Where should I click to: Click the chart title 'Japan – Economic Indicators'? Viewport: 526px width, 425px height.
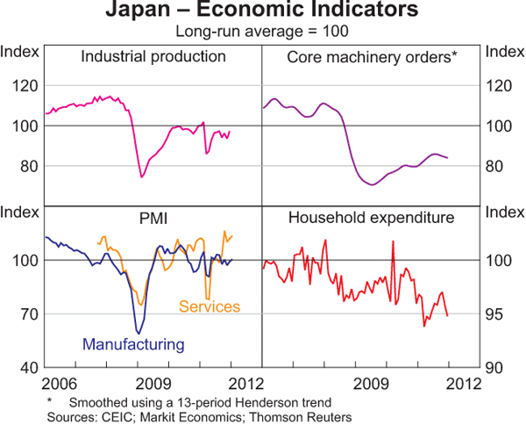(263, 11)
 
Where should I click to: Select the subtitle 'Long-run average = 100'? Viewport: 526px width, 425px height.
(263, 32)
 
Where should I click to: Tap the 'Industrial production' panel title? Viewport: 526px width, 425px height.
(153, 57)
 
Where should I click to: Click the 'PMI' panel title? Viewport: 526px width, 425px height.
(153, 217)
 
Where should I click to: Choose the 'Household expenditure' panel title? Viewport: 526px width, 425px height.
(371, 217)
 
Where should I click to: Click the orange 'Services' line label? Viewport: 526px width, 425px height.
(210, 306)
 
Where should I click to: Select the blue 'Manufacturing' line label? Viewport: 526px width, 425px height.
(133, 344)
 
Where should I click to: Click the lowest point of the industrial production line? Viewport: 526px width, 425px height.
(142, 177)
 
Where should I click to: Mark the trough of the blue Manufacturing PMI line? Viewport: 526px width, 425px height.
(138, 332)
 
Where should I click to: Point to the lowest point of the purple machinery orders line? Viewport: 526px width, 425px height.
(372, 184)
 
